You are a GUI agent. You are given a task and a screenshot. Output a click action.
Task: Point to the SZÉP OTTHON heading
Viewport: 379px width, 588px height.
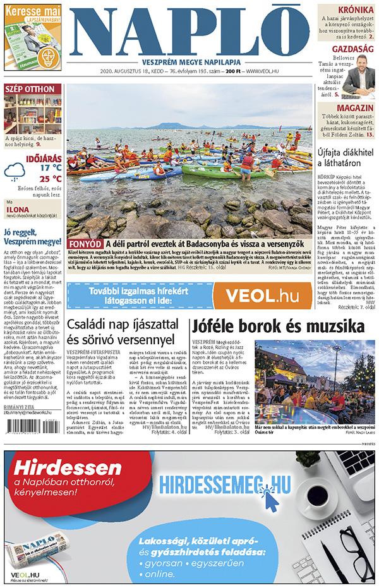pos(30,89)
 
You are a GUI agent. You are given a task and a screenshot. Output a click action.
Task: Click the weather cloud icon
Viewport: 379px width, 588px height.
pos(15,171)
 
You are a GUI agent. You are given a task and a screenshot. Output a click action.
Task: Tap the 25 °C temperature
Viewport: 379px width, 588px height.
pos(51,179)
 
